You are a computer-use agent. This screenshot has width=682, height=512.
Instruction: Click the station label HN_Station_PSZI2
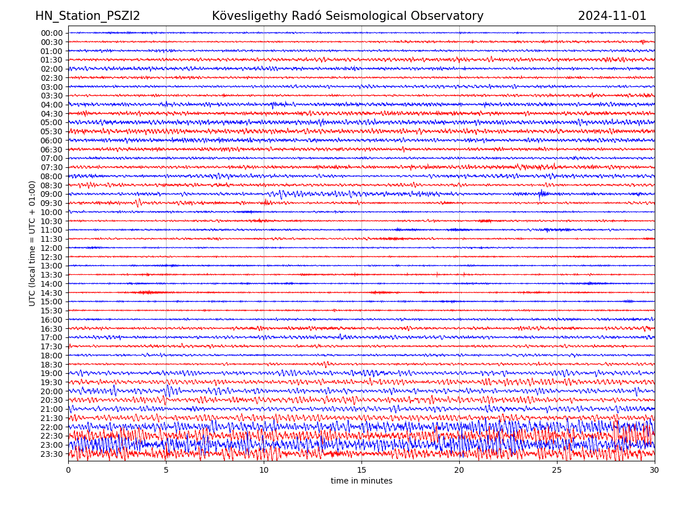88,16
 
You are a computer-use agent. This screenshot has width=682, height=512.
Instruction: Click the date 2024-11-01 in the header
612,16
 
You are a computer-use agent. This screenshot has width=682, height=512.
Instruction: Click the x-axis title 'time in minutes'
361,481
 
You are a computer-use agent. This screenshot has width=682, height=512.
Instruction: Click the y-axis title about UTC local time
32,243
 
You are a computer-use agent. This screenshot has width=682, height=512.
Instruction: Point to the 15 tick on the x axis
361,470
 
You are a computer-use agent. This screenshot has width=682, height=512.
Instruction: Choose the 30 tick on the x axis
655,470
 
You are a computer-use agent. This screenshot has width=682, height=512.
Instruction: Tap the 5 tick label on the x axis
166,470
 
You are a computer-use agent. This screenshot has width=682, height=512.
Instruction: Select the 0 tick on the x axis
68,470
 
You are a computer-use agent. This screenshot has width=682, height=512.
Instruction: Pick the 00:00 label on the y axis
51,33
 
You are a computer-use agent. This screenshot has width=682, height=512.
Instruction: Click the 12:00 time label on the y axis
51,248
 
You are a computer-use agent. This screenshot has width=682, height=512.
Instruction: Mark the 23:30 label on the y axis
51,454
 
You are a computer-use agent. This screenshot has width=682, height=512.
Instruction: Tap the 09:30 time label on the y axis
51,203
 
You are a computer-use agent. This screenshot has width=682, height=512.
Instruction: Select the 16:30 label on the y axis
51,329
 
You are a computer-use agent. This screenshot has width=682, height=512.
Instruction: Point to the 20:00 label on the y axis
51,391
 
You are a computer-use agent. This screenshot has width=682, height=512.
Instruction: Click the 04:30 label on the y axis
51,114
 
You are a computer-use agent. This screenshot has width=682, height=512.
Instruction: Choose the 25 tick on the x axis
557,470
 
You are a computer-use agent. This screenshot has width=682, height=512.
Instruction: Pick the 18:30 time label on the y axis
51,365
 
